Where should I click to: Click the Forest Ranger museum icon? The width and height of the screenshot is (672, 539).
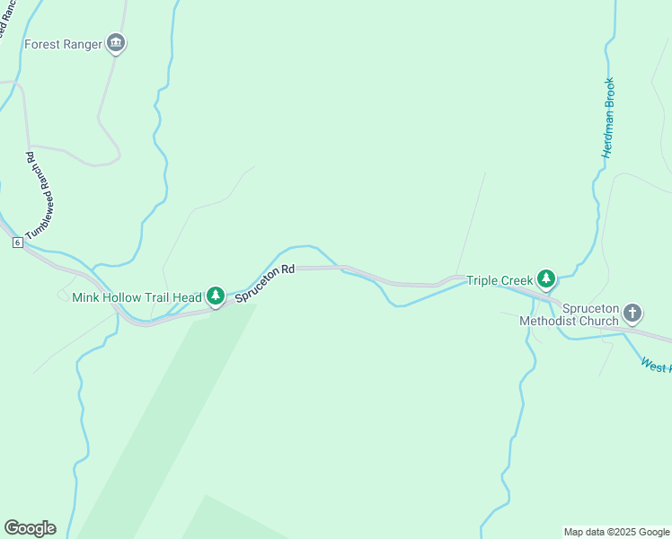coord(115,43)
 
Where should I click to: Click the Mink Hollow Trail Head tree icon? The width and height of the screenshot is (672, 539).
coord(215,296)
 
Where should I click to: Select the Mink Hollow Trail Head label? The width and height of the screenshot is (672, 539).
coord(137,296)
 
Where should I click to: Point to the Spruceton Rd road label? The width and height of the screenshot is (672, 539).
coord(265,281)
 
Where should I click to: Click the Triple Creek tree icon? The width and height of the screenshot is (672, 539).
coord(545,279)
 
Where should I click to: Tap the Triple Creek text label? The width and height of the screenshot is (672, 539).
coord(500,280)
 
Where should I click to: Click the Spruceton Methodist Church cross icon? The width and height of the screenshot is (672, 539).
coord(632,314)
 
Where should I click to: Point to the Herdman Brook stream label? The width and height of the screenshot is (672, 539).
coord(608,118)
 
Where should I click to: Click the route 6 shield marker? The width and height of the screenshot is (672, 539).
coord(17,243)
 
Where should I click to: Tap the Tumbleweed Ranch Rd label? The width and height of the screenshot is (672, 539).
coord(40,196)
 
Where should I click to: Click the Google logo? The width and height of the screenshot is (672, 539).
coord(30,528)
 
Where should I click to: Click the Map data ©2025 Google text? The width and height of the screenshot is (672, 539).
coord(616,532)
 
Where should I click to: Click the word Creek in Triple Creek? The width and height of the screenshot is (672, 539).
coord(517,280)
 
